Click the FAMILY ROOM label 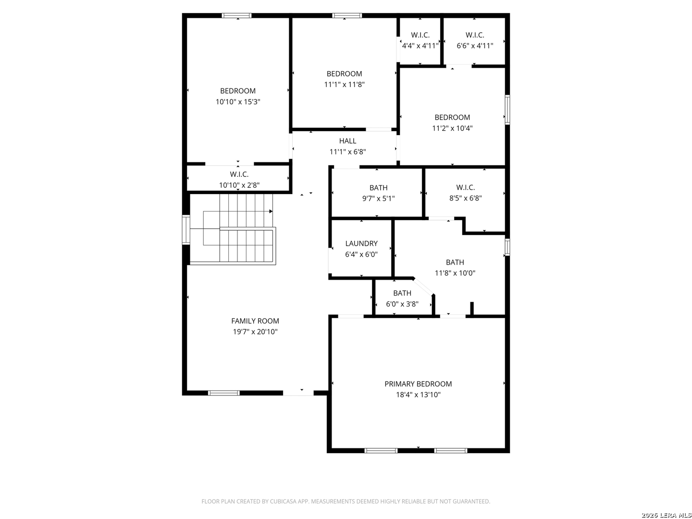[x=255, y=321]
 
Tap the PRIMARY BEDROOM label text [x=418, y=384]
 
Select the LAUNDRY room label [x=361, y=243]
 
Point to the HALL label [x=347, y=141]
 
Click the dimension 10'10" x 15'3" [x=238, y=102]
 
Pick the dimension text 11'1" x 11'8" [x=344, y=85]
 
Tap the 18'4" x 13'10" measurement [x=418, y=395]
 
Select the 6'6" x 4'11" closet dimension [x=474, y=46]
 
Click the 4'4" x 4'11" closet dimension [x=420, y=46]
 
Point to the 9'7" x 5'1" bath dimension [x=378, y=198]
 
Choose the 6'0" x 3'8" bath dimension [x=402, y=304]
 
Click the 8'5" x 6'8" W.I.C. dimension [x=465, y=198]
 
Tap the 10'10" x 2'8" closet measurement [x=239, y=185]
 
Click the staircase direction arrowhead [x=271, y=211]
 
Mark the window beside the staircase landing [x=186, y=230]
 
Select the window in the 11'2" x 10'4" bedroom [x=507, y=110]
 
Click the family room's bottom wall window [x=223, y=393]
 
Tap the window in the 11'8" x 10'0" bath [x=507, y=247]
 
